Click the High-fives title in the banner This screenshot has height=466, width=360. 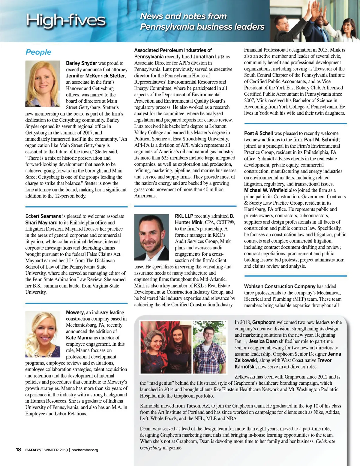coord(66,20)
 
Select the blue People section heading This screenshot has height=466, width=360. coord(38,52)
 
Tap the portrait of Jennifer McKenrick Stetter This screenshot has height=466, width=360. coord(43,84)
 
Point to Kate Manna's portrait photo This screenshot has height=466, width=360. coord(43,334)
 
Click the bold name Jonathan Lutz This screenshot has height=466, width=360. coord(209,56)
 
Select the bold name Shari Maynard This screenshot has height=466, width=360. coord(41,223)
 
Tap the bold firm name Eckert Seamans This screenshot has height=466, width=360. coord(43,216)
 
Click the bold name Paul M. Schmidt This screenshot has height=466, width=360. coord(322,140)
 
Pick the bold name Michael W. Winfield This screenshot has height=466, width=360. coord(266,190)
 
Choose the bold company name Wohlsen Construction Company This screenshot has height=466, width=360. coord(280,286)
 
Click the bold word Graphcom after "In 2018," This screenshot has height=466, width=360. coord(264,322)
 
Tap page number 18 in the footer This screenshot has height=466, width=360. coord(18,449)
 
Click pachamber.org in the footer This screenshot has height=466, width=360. coord(85,450)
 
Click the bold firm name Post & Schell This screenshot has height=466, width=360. coord(258,133)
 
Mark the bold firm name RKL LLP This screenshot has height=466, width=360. coord(184,216)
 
